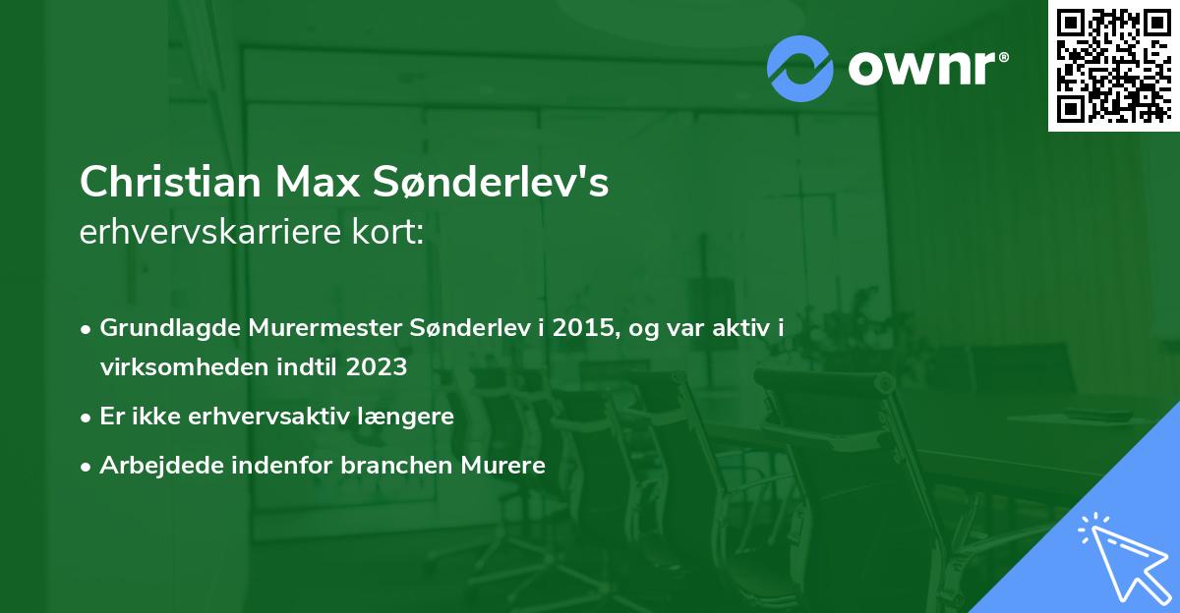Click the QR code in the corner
tap(1113, 65)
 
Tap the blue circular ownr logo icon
tap(800, 68)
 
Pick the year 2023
tap(378, 367)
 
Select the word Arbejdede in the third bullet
tap(149, 465)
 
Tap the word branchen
tap(400, 465)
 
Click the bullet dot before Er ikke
tap(88, 417)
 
